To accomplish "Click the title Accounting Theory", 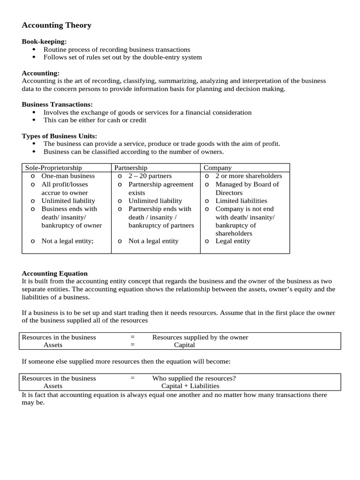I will tap(57, 25).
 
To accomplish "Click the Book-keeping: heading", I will tap(44, 42).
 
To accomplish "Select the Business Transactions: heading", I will tap(57, 105).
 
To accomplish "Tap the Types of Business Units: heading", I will tap(59, 136).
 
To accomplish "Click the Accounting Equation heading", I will tap(55, 273).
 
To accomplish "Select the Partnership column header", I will tap(131, 168).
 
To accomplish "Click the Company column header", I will tap(217, 168).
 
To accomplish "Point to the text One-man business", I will tap(68, 176).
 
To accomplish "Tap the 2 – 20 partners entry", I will tap(150, 176).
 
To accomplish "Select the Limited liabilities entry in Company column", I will tap(241, 201).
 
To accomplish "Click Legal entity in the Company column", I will tap(232, 241).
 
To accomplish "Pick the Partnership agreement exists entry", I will tap(160, 188).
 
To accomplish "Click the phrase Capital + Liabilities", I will tap(190, 386).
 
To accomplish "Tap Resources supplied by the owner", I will tap(200, 337).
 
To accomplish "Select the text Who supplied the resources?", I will tap(194, 378).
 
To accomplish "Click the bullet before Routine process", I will tap(34, 50).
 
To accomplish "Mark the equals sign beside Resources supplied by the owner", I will tap(133, 337).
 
